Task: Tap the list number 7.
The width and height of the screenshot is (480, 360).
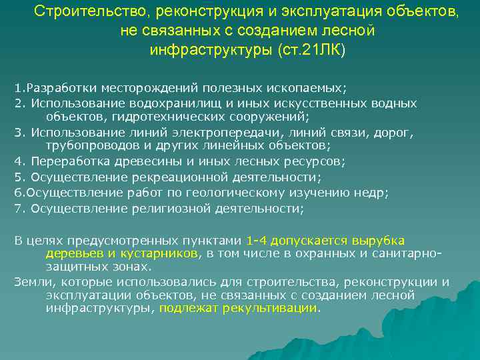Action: (18, 209)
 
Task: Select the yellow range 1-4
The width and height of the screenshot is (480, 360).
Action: (257, 241)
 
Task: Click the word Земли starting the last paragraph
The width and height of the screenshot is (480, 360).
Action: (31, 282)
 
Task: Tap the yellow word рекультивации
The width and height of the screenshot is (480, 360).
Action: (275, 309)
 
